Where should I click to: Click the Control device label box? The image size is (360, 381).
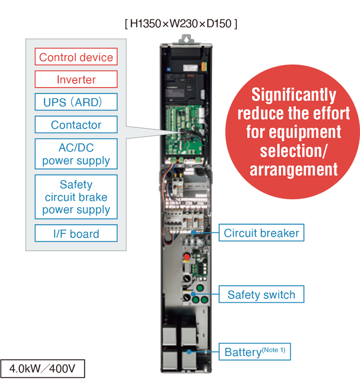point(76,57)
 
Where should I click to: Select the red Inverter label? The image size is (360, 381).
point(76,80)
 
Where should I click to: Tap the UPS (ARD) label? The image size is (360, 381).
point(76,102)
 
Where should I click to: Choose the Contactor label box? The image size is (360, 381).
point(76,125)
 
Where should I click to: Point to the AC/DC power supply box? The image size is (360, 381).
point(76,154)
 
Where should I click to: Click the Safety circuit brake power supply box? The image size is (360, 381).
point(76,197)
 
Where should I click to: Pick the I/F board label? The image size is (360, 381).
point(76,234)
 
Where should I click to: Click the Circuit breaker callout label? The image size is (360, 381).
point(261,233)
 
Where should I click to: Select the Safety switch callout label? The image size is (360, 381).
point(261,295)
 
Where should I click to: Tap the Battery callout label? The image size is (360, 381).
point(254,352)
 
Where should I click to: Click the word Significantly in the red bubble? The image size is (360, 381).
point(293,95)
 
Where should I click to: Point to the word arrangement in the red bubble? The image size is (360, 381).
point(293,170)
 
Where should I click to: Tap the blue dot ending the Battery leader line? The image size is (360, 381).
point(190,352)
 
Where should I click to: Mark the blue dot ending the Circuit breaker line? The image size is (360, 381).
point(194,233)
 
